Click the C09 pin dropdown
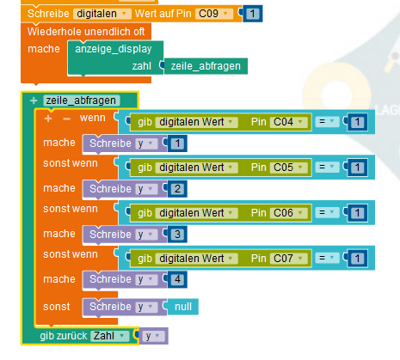click(214, 14)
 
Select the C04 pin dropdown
click(288, 122)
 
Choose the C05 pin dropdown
click(288, 168)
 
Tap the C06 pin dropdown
click(288, 213)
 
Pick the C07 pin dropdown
click(288, 259)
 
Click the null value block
click(183, 307)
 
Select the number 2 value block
click(177, 189)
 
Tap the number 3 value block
click(177, 235)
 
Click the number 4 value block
click(177, 279)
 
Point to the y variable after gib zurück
click(153, 336)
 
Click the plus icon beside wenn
click(48, 119)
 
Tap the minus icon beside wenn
click(67, 119)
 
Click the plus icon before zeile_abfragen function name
click(34, 101)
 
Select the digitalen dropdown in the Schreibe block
click(102, 14)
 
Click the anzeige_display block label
click(114, 49)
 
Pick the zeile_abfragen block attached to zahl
click(206, 66)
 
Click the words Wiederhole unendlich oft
click(86, 32)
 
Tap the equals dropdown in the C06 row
click(327, 213)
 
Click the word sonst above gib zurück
click(57, 307)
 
